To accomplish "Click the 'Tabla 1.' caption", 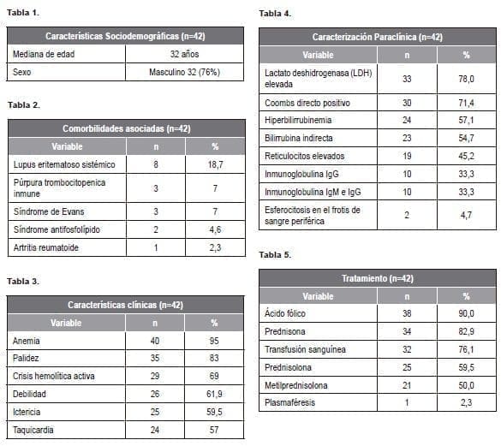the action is (x=23, y=14).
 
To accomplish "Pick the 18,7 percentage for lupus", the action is (x=214, y=163).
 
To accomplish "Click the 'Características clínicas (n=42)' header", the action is (x=125, y=305).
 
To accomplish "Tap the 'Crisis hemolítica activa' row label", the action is (x=54, y=376).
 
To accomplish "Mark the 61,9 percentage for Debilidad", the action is (x=214, y=395).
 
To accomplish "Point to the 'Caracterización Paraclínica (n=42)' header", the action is (x=377, y=37).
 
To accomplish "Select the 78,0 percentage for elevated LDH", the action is (x=466, y=79).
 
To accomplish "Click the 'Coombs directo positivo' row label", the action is (x=307, y=103).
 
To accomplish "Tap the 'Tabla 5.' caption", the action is (x=275, y=255).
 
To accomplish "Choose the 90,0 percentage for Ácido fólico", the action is (x=466, y=314).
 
